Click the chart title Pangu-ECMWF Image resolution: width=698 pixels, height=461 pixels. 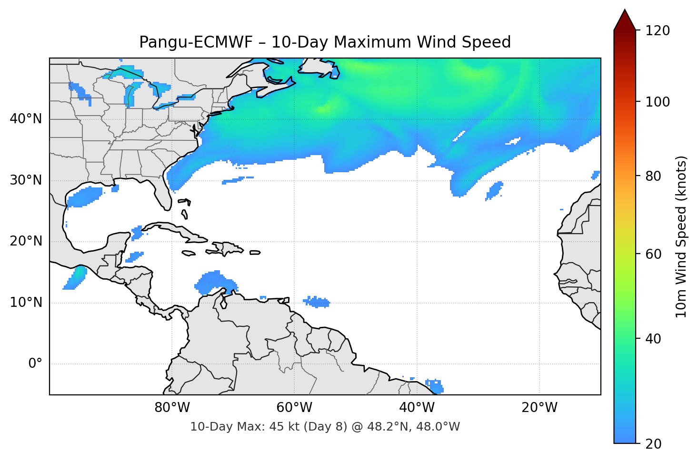click(325, 42)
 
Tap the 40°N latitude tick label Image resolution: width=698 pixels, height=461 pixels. click(26, 119)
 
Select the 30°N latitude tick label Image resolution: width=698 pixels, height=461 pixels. click(26, 180)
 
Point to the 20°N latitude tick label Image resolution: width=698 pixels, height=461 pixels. click(26, 241)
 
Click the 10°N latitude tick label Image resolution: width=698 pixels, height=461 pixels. click(26, 303)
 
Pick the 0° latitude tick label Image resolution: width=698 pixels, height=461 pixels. click(35, 364)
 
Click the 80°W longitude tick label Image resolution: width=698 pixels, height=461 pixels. click(172, 408)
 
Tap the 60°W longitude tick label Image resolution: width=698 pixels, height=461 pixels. click(294, 408)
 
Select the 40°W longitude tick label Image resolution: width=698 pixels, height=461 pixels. click(417, 408)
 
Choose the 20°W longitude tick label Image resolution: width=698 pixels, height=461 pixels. click(539, 408)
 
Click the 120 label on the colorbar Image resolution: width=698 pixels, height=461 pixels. click(657, 31)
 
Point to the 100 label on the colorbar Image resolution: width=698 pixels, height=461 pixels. click(657, 102)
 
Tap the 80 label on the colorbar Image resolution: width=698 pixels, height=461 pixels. click(652, 176)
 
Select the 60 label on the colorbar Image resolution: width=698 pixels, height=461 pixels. click(652, 254)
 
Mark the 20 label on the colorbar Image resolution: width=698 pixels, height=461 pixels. click(652, 444)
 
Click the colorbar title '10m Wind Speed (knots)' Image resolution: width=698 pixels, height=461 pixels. click(681, 236)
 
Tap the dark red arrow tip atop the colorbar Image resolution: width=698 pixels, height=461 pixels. click(625, 19)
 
